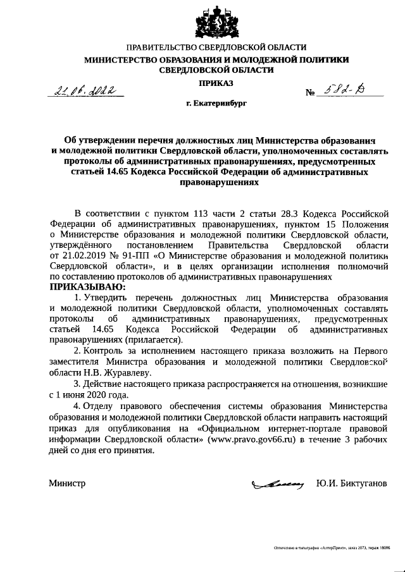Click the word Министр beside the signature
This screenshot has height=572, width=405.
pos(67,484)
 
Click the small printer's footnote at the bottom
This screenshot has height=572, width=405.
pos(332,548)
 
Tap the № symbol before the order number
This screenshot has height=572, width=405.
pos(311,94)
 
